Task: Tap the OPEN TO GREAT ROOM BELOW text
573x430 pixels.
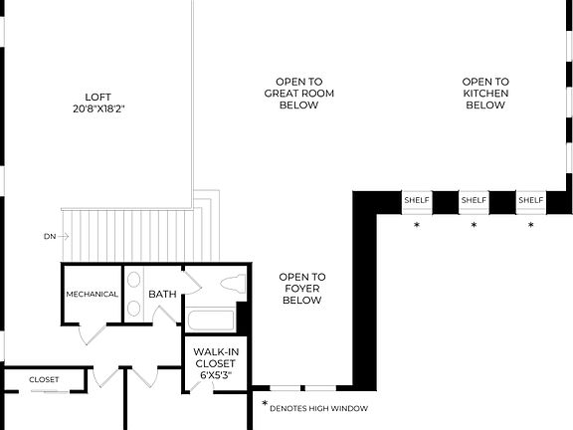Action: (298, 94)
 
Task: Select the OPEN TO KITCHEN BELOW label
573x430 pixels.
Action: (485, 94)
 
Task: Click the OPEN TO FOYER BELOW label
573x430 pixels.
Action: (302, 289)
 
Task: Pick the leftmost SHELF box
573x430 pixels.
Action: (417, 201)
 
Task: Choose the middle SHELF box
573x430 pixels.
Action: (474, 201)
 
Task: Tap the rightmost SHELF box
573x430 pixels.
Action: (530, 201)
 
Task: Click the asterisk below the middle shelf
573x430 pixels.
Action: (474, 226)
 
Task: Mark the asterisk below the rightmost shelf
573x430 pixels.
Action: (530, 226)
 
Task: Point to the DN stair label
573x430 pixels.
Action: (49, 237)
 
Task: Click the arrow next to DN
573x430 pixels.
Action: (62, 237)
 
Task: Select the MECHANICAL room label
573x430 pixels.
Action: (93, 295)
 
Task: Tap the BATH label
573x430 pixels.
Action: (162, 295)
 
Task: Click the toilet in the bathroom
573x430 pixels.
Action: (233, 283)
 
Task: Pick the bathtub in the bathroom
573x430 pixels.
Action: (211, 321)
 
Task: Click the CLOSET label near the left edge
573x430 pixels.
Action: (44, 379)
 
